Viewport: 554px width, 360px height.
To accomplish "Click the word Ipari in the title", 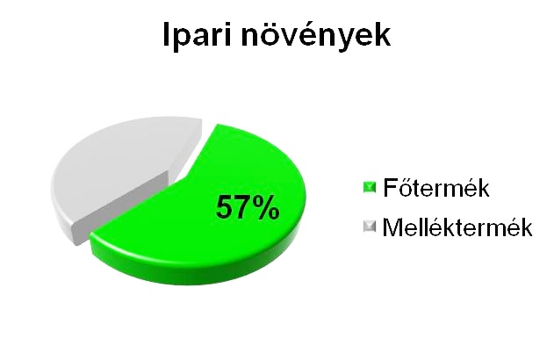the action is tap(198, 35).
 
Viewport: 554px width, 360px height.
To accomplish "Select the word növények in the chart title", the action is tap(316, 34).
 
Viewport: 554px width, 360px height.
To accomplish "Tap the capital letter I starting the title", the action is tap(167, 34).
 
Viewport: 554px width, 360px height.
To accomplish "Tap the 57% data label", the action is tap(248, 207).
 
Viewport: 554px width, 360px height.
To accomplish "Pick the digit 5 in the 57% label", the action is tap(225, 207).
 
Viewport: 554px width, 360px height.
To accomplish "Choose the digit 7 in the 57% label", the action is tap(242, 207).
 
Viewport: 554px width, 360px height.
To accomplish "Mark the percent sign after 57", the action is tap(266, 207).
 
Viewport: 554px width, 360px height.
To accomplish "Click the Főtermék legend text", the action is tap(436, 187).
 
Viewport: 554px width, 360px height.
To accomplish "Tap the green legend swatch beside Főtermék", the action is tap(370, 187).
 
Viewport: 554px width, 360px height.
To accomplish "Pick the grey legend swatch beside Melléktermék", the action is tap(370, 227).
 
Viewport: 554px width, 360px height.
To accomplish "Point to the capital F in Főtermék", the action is tap(391, 187).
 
